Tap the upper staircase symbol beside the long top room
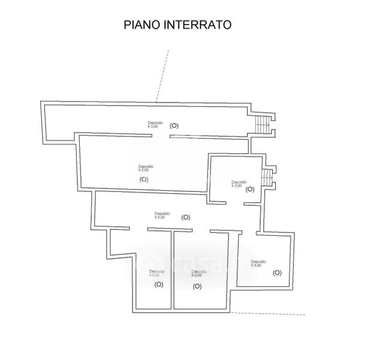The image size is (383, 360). (261, 124)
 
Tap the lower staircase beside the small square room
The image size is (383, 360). (266, 178)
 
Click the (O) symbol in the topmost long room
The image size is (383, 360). (174, 125)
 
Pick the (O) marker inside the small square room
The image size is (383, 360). (250, 190)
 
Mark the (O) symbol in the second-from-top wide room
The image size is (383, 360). (144, 179)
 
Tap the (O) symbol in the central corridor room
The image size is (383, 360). (185, 217)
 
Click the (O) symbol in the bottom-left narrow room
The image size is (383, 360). (159, 284)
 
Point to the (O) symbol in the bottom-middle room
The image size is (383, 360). (197, 286)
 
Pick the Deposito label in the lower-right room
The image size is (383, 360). (258, 262)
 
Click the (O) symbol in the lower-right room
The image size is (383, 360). (277, 272)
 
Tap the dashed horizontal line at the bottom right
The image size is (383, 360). (270, 313)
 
